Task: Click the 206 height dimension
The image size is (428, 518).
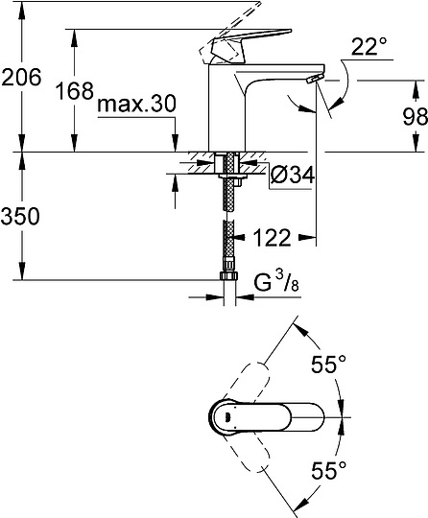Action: [22, 78]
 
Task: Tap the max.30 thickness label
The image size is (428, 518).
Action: [138, 102]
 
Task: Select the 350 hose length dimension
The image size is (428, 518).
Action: [22, 217]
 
